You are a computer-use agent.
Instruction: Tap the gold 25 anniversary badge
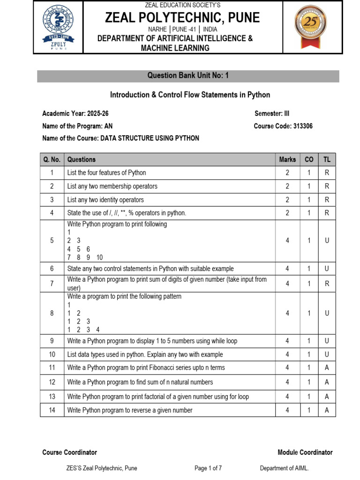pyautogui.click(x=310, y=27)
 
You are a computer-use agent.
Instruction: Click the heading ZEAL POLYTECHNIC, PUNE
pyautogui.click(x=182, y=18)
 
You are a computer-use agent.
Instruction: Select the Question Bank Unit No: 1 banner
pyautogui.click(x=188, y=76)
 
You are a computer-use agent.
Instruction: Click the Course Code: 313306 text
pyautogui.click(x=283, y=126)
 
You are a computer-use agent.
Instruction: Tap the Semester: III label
pyautogui.click(x=272, y=113)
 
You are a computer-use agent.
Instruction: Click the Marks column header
pyautogui.click(x=287, y=159)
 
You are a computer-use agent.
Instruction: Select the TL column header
pyautogui.click(x=327, y=159)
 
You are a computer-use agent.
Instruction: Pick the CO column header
pyautogui.click(x=309, y=159)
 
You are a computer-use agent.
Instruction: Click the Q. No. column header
pyautogui.click(x=52, y=159)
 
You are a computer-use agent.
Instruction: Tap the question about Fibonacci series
pyautogui.click(x=146, y=367)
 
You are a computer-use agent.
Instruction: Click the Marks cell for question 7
pyautogui.click(x=287, y=284)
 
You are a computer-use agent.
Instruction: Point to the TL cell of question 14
pyautogui.click(x=327, y=410)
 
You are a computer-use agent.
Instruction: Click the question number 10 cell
pyautogui.click(x=52, y=354)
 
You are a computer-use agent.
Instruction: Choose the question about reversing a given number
pyautogui.click(x=130, y=410)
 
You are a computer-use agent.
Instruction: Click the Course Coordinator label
pyautogui.click(x=69, y=452)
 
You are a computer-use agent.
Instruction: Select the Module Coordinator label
pyautogui.click(x=305, y=452)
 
